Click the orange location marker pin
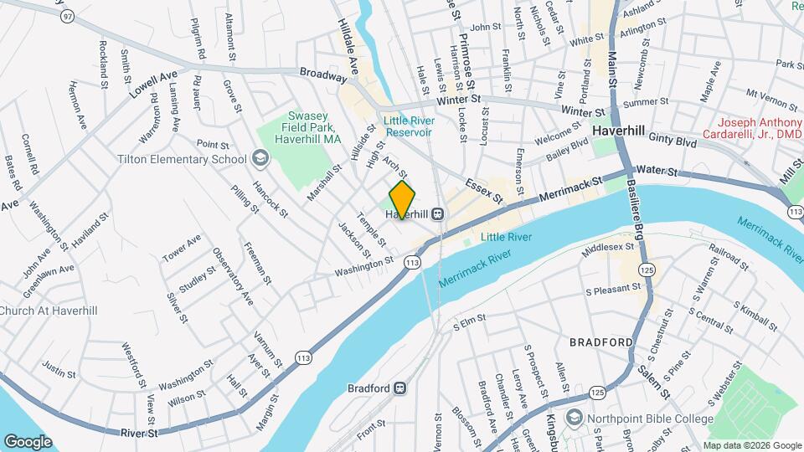click(x=402, y=199)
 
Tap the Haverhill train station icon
click(x=437, y=214)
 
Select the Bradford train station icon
click(x=400, y=388)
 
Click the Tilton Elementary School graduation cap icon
click(x=260, y=159)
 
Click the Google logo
click(x=28, y=441)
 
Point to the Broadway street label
click(x=323, y=75)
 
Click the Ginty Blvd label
click(x=673, y=143)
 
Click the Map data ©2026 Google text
click(x=751, y=444)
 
